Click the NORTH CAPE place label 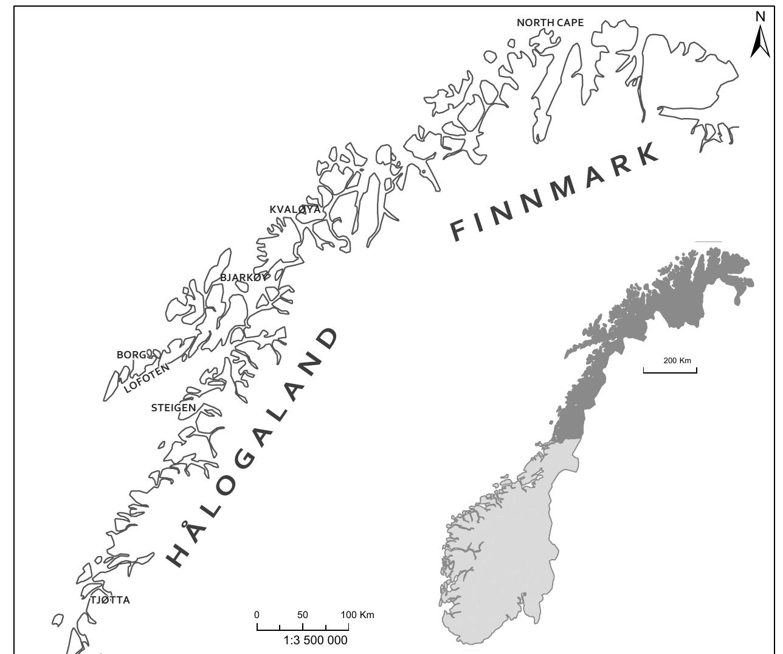coord(550,23)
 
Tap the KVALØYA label coord(295,210)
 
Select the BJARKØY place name coord(243,277)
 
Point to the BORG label coord(131,355)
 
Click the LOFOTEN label coord(147,378)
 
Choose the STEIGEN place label coord(173,408)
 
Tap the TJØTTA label coord(110,600)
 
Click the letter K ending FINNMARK coord(648,153)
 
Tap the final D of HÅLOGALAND coord(326,339)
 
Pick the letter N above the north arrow coord(760,16)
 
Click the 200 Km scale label coord(677,360)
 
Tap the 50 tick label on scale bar coord(303,614)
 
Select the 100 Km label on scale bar coord(357,614)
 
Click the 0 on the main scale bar coord(257,614)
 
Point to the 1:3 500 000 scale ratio coord(316,640)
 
